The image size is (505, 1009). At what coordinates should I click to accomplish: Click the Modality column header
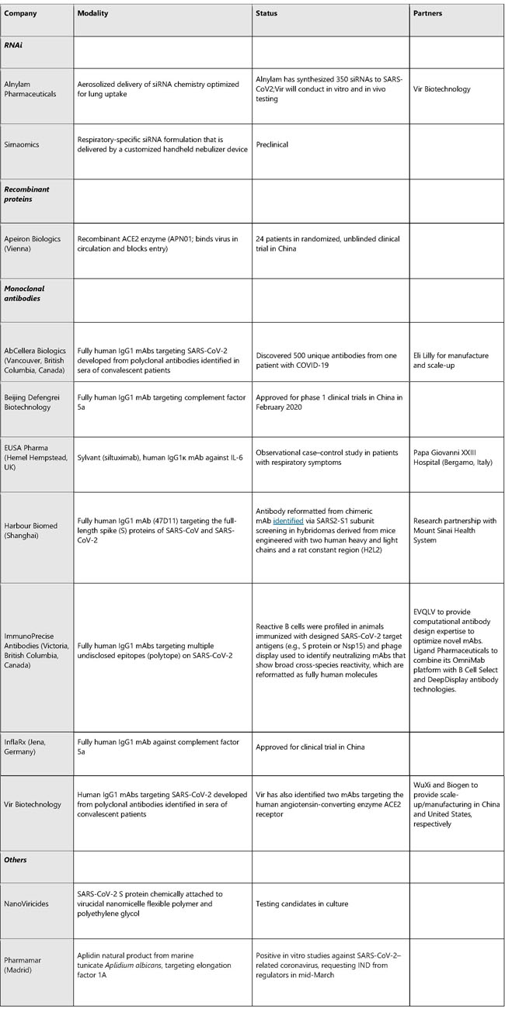click(96, 13)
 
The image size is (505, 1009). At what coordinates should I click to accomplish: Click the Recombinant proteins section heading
click(26, 192)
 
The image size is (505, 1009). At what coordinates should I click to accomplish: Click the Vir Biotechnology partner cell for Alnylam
click(442, 89)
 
